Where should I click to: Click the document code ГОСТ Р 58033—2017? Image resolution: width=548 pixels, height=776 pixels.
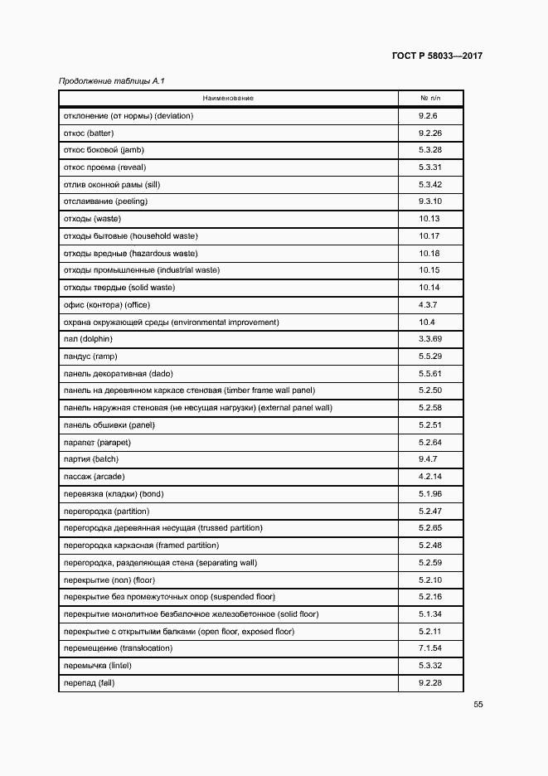(x=437, y=56)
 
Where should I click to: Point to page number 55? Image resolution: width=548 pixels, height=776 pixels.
(x=478, y=705)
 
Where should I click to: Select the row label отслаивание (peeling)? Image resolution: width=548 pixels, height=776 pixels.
(x=105, y=201)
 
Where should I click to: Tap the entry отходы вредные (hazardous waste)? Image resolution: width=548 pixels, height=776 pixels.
(x=130, y=253)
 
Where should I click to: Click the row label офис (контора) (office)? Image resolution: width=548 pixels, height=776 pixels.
(x=106, y=304)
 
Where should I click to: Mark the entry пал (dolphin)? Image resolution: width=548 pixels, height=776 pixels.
(x=88, y=338)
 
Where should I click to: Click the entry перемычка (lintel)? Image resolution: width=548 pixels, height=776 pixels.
(x=98, y=666)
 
